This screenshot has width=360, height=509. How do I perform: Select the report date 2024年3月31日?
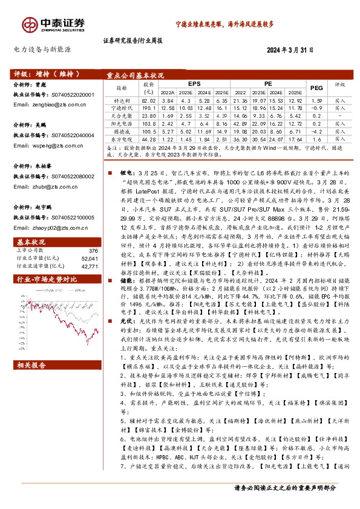tap(292, 51)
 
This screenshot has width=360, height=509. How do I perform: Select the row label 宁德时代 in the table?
tap(122, 107)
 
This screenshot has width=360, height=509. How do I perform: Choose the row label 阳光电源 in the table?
tap(122, 123)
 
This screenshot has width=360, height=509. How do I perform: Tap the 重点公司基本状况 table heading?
tap(136, 76)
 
